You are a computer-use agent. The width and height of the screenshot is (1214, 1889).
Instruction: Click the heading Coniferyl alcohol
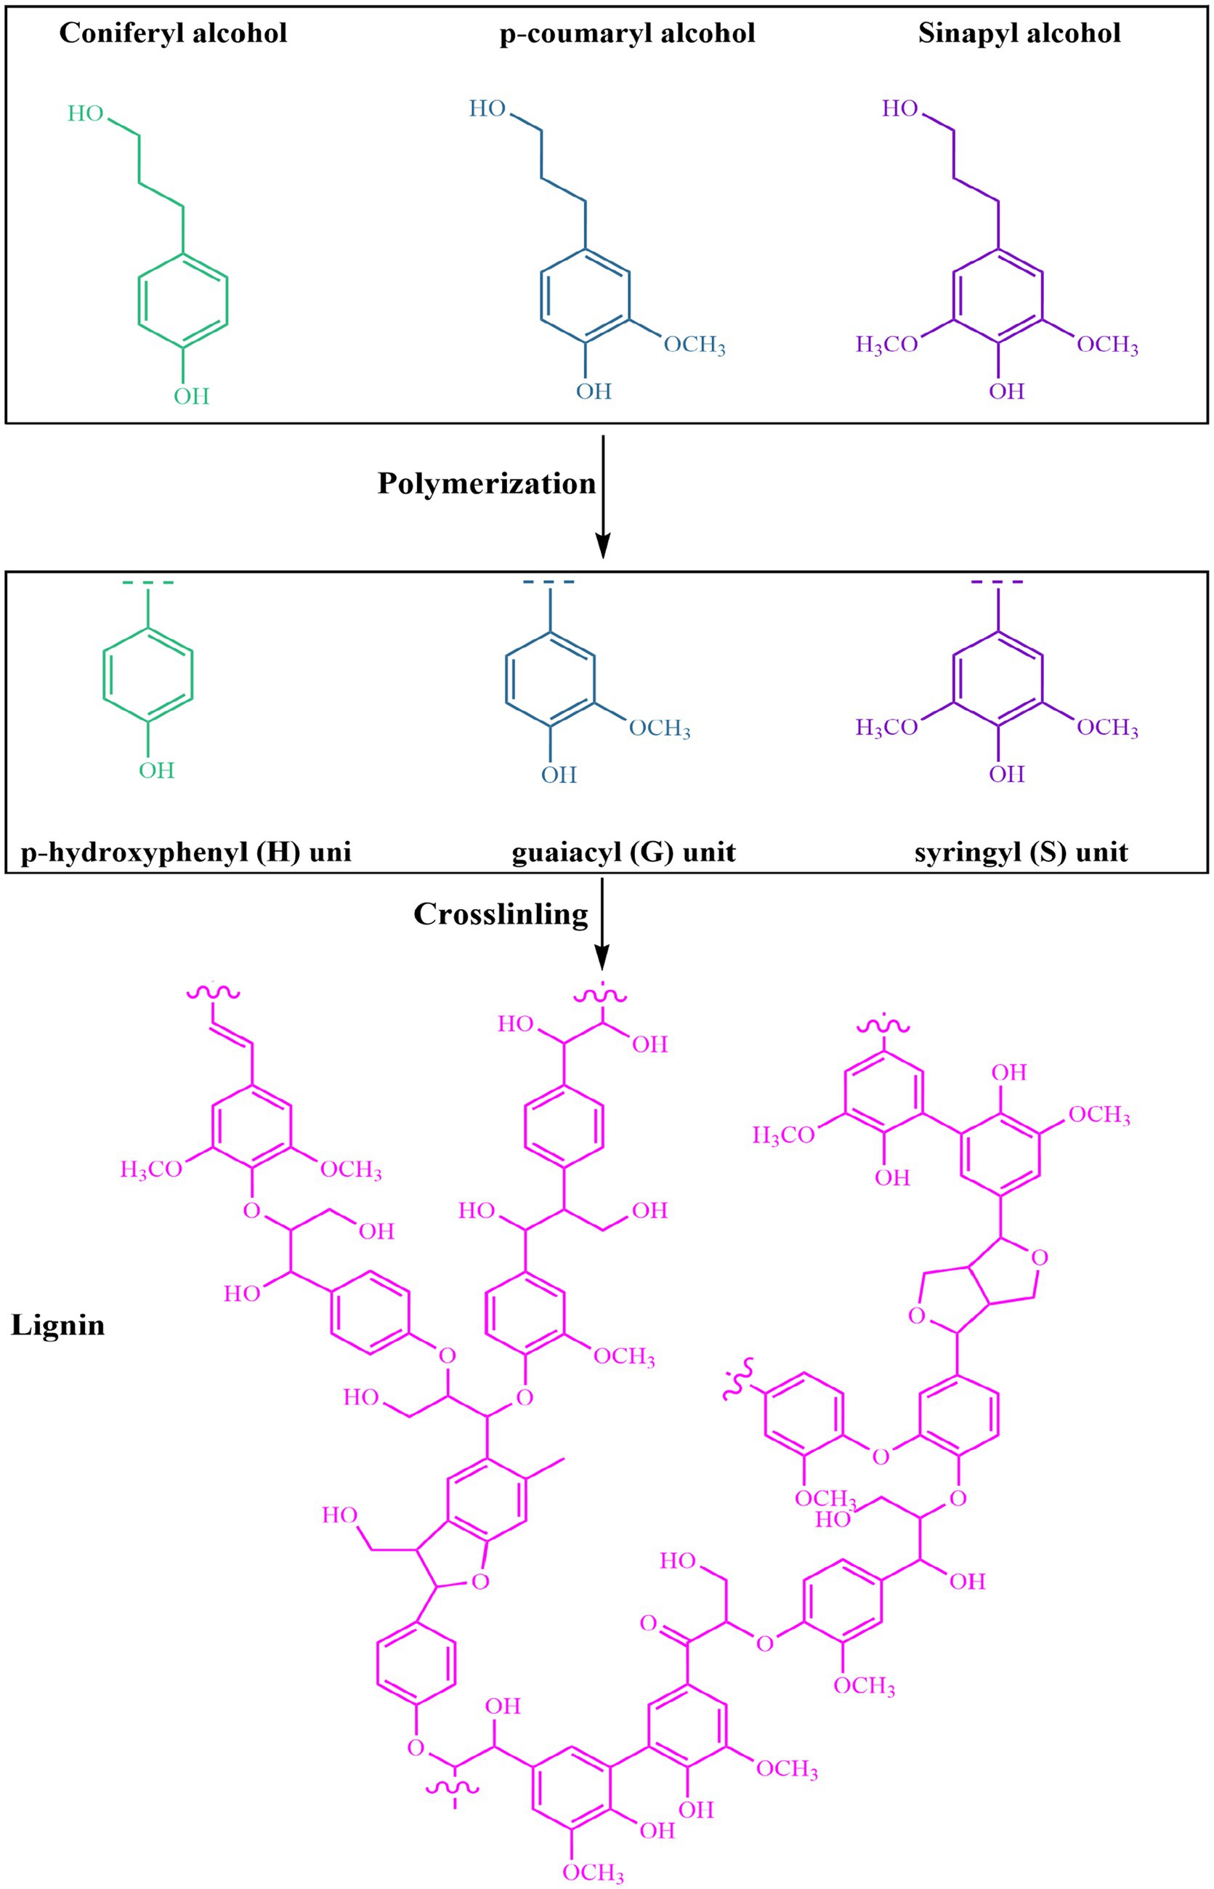[174, 33]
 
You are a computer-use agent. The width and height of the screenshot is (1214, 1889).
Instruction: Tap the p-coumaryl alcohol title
[628, 33]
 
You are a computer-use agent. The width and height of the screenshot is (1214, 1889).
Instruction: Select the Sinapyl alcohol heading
[1019, 33]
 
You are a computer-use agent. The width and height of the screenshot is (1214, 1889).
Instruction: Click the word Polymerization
[486, 483]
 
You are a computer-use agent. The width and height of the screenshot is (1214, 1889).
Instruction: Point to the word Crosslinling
[501, 914]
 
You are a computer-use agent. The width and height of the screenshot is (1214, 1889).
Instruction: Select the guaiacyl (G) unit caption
[623, 853]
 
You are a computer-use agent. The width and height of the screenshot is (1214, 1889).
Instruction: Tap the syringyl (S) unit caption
[1021, 853]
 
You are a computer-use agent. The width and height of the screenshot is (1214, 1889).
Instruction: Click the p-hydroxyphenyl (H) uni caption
[186, 853]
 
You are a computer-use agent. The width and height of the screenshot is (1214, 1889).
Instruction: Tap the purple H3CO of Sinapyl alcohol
[887, 345]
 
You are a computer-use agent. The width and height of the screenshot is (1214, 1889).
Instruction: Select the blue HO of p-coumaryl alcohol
[487, 108]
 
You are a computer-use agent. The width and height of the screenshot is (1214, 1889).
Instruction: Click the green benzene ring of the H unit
[148, 674]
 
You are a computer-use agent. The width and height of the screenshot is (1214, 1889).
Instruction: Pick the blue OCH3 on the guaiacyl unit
[659, 728]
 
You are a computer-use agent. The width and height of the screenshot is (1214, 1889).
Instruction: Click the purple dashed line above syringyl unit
[998, 582]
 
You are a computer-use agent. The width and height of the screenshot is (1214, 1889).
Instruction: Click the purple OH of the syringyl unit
[1007, 773]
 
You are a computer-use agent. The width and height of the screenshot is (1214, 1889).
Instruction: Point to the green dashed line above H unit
[148, 583]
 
